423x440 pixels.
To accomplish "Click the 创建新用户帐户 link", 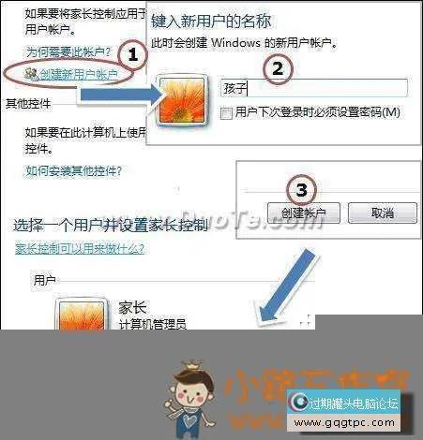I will click(72, 74).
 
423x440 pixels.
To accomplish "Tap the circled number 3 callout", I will click(300, 190).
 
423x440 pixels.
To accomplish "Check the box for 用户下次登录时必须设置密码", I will click(226, 112).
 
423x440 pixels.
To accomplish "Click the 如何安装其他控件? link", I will click(74, 171).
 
